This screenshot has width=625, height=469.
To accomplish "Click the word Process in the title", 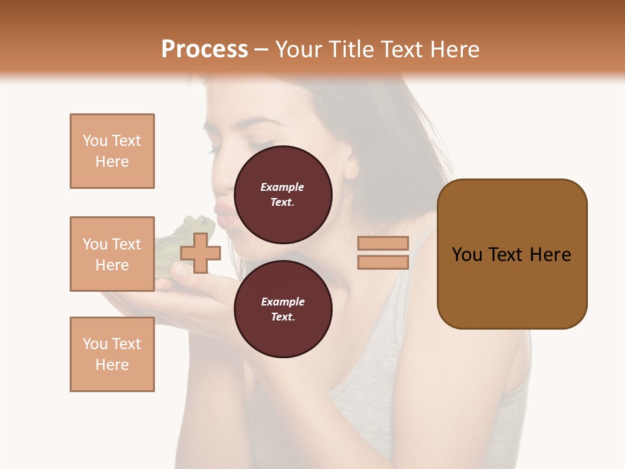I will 204,50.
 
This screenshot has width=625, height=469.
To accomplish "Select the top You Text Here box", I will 112,151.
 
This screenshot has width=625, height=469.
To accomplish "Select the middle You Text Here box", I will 112,254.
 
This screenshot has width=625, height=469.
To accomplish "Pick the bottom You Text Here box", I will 112,354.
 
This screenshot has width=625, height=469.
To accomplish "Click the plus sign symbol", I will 200,253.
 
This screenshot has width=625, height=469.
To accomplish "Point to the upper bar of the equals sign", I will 383,243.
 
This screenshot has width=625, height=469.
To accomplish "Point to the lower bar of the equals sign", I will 383,262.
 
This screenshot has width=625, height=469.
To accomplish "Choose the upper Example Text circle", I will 283,195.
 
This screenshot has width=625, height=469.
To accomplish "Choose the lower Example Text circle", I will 283,309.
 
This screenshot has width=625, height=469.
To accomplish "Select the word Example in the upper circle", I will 282,187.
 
